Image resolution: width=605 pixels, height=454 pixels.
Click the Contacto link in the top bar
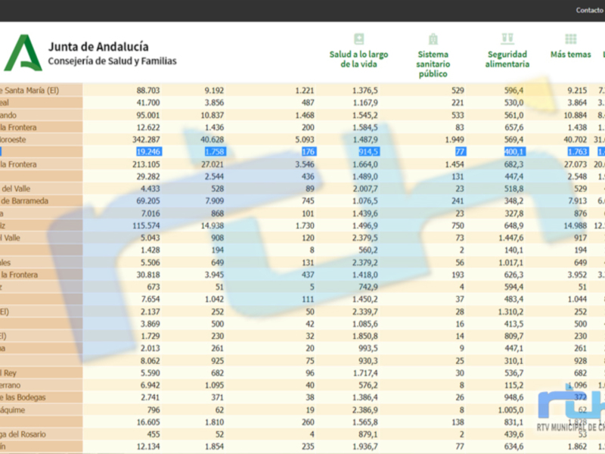coord(589,10)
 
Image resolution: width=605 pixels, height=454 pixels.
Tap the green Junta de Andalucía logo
coord(23,53)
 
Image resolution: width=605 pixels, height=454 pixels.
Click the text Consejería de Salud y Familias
coord(112,61)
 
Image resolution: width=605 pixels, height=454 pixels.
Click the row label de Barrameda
coord(27,201)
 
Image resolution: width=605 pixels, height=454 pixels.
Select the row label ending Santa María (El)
coord(30,90)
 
